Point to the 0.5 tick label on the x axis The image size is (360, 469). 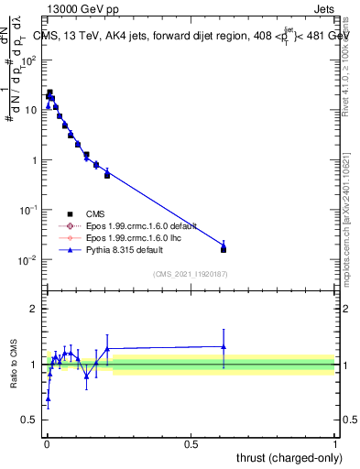(x=191, y=443)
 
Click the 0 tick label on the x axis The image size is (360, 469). (x=46, y=443)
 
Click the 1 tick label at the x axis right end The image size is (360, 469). (x=335, y=443)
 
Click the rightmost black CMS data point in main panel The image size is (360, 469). (x=224, y=249)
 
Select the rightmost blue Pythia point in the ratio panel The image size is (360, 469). (x=224, y=346)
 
